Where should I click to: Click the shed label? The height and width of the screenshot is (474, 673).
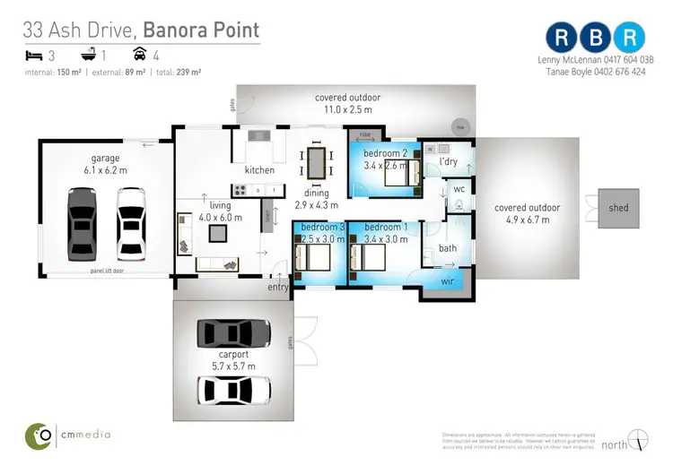(618, 208)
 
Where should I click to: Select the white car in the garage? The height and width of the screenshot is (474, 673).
(132, 220)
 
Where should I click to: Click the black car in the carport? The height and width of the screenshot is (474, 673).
(233, 333)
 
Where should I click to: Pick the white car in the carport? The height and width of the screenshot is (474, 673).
(233, 390)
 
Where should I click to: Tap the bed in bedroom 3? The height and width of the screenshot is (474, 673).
(318, 258)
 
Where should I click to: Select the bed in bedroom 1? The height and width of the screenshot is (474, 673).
(372, 258)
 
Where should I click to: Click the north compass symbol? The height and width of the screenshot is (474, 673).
(638, 440)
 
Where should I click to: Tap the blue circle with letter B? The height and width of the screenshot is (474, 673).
(597, 37)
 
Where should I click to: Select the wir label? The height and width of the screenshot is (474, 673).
(448, 280)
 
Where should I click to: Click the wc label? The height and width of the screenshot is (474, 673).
(458, 189)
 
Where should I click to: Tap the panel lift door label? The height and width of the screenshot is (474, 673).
(107, 270)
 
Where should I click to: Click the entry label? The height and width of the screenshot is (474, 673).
(278, 288)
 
